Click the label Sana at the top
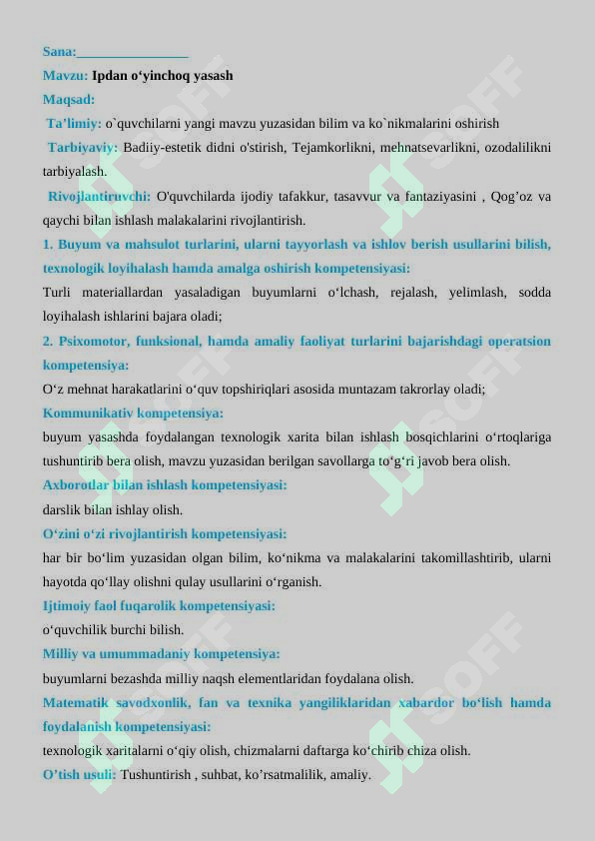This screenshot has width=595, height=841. (x=59, y=51)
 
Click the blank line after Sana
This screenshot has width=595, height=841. (x=133, y=52)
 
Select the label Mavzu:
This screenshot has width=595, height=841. (x=65, y=75)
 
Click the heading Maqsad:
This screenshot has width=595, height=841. (x=69, y=99)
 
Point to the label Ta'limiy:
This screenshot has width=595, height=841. (x=74, y=124)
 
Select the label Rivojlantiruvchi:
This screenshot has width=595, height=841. (x=100, y=196)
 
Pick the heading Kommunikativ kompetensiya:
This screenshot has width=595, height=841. (x=133, y=413)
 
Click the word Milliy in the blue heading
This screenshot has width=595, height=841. (x=62, y=654)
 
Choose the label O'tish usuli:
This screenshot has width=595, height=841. (x=79, y=774)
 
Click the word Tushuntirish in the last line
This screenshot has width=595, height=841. (x=156, y=774)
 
